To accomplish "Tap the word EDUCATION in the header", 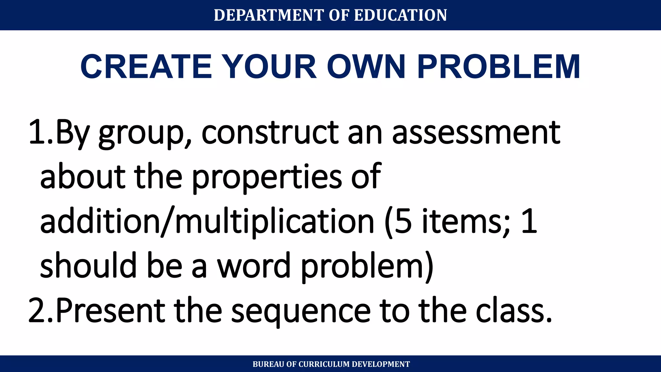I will coord(401,15).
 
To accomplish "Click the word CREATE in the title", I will coord(146,67).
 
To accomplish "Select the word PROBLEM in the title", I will coord(499,67).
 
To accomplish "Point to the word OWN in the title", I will coord(366,67).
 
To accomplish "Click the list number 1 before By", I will coord(36,132).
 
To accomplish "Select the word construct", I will coord(270,132).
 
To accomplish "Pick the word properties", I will coord(267,178).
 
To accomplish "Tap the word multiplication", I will coord(274,222).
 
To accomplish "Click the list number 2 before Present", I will coord(36,311).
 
